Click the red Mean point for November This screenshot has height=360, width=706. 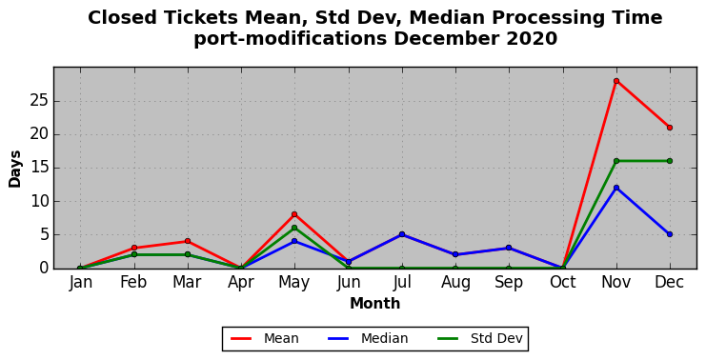(x=616, y=81)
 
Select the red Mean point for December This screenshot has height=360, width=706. (x=670, y=128)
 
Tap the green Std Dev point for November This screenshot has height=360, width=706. (x=616, y=161)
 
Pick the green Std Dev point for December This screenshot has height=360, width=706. (x=670, y=161)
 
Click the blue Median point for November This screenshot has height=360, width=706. (x=616, y=188)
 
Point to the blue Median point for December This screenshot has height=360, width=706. (x=670, y=234)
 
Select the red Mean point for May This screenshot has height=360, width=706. (x=294, y=214)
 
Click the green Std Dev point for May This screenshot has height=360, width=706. (x=294, y=228)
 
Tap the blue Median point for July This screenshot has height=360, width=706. (x=402, y=234)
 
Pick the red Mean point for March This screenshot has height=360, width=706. (x=188, y=241)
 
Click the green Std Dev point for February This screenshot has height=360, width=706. (x=134, y=254)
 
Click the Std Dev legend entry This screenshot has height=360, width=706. (x=480, y=338)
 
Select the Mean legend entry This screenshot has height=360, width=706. (x=265, y=338)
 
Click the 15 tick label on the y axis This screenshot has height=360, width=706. (x=39, y=169)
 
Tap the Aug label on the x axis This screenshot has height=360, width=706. (x=455, y=283)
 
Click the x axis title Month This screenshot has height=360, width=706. (x=375, y=304)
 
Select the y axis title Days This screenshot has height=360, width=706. (x=15, y=170)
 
